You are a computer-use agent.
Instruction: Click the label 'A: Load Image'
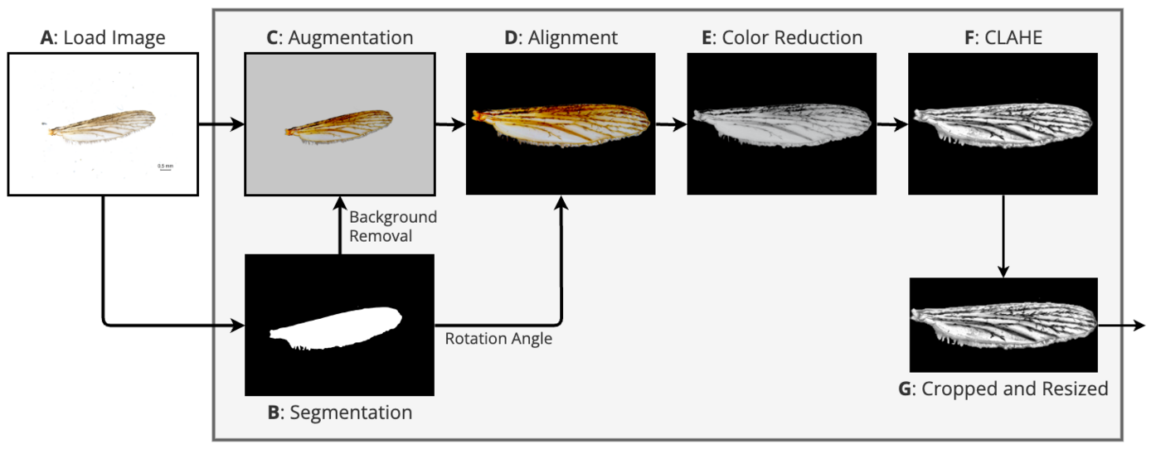103,38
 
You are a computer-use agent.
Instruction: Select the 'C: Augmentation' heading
339,38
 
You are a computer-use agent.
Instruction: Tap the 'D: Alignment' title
561,38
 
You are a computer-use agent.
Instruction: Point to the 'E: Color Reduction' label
782,38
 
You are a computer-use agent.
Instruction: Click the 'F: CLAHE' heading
1003,38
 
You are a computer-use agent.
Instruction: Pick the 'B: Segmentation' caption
339,412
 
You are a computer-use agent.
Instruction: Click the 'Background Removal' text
392,226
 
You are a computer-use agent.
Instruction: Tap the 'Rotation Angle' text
498,339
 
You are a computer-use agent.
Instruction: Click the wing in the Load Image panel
101,124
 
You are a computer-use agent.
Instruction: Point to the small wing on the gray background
339,124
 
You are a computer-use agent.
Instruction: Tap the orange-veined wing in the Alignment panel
561,126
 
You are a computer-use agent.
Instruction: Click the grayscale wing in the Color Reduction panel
782,126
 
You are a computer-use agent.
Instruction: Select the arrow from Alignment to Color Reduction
671,125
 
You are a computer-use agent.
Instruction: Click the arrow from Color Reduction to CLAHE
891,125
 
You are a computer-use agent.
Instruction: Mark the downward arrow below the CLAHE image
1003,236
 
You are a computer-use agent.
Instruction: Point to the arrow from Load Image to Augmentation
221,125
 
